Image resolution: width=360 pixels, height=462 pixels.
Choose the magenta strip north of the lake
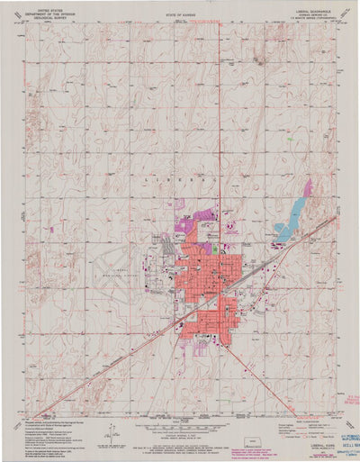[307, 190]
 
